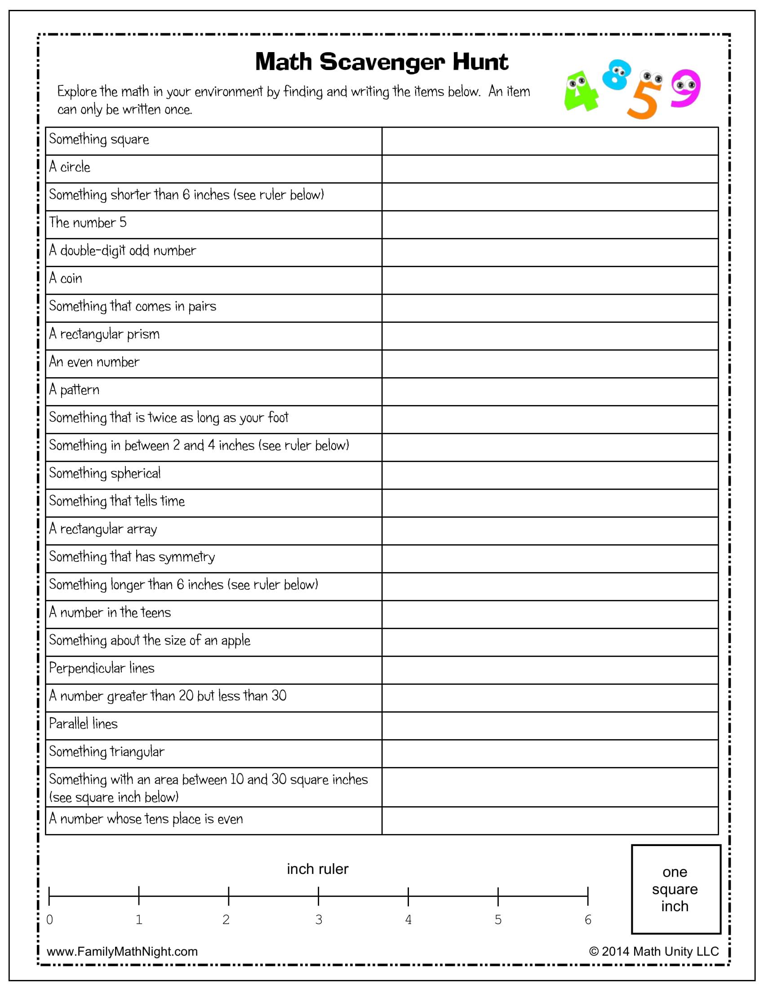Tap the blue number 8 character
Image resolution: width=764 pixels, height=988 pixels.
click(617, 74)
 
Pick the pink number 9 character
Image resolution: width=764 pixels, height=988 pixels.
click(685, 88)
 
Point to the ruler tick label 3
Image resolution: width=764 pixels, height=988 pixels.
click(319, 919)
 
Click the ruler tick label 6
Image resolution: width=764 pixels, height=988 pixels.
click(587, 919)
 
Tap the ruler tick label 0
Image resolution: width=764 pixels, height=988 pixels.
click(50, 919)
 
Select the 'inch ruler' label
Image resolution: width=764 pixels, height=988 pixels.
click(318, 869)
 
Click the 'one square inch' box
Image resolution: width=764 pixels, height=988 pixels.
click(676, 889)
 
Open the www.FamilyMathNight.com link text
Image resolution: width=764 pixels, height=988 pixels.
click(122, 951)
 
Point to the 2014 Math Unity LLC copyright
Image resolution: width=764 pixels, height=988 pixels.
click(653, 951)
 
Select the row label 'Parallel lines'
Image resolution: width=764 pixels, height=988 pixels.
click(83, 724)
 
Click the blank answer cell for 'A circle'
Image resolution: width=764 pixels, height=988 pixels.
click(550, 169)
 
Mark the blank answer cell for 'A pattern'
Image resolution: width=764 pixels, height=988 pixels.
click(550, 391)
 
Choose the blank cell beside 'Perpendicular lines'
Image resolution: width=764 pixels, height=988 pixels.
click(550, 670)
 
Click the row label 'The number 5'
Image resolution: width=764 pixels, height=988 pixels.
click(88, 223)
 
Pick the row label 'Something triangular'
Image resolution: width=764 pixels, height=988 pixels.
click(107, 752)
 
